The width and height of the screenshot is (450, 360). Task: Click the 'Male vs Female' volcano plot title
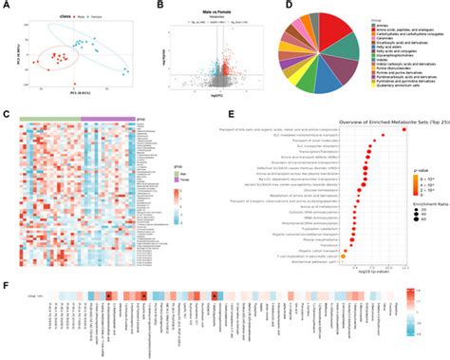pos(198,9)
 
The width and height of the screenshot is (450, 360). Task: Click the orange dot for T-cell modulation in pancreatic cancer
pos(353,253)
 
